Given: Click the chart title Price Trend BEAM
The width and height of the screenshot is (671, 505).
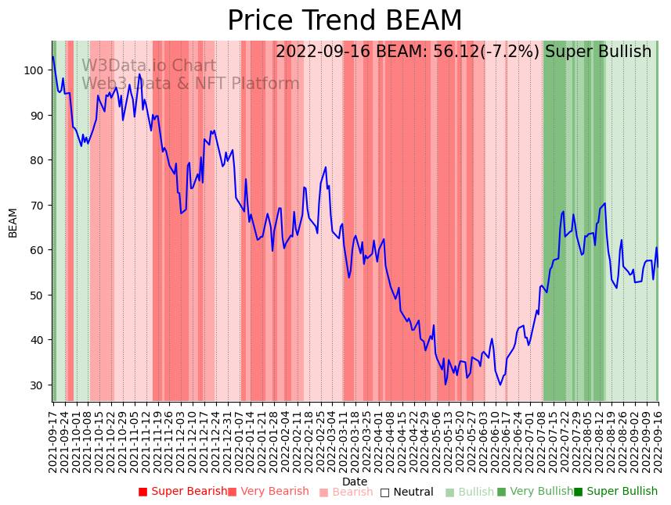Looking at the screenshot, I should (x=345, y=21).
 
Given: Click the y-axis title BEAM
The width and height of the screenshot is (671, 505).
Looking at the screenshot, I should (x=13, y=223).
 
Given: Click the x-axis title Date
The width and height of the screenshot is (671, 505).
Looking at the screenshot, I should (x=354, y=482).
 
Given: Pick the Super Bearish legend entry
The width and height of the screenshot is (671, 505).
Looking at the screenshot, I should (x=188, y=492).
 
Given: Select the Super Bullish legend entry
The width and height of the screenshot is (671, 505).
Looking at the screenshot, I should (x=621, y=492).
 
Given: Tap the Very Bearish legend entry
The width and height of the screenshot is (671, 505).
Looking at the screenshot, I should (x=274, y=492).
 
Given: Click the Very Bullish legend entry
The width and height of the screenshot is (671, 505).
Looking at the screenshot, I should (x=541, y=492).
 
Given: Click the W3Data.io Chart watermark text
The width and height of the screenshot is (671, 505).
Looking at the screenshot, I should (x=149, y=66).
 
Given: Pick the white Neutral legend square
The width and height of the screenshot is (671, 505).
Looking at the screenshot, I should (x=384, y=492).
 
